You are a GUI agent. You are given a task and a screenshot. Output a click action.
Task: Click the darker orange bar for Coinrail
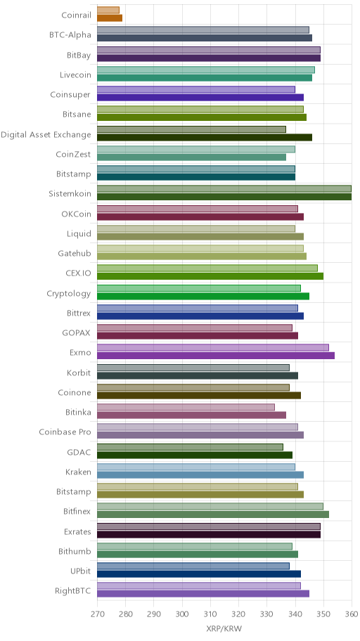pos(110,18)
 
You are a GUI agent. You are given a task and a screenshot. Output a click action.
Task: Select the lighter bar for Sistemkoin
pos(224,189)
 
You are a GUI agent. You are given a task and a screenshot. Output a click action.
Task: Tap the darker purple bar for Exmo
pos(216,356)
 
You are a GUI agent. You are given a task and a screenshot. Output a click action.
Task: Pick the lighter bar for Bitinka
pos(186,407)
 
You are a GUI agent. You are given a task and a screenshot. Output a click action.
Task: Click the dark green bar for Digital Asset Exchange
pos(205,137)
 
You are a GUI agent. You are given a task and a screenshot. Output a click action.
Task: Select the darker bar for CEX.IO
pos(210,276)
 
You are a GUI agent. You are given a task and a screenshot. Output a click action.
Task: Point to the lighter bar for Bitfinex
pos(210,507)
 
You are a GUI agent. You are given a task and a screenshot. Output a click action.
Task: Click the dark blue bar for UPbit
pos(199,574)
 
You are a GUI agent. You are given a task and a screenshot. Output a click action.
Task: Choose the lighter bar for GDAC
pos(191,447)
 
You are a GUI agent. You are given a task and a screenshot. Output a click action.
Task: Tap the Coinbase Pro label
pos(65,432)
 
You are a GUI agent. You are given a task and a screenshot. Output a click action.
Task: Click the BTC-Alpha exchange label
pos(70,34)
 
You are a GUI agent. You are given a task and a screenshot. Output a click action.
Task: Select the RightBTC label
pos(73,590)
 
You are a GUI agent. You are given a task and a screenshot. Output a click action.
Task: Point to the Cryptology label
pos(69,294)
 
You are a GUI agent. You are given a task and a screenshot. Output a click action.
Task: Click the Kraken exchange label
pos(78,472)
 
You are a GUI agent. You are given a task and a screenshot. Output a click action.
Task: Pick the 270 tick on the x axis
pos(97,614)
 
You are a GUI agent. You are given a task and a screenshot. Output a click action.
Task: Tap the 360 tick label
pos(352,614)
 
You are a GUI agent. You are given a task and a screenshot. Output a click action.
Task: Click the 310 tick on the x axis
pos(210,614)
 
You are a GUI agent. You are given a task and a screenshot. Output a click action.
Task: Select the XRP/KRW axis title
pos(224,629)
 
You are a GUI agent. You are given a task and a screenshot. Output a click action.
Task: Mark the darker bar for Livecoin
pos(205,78)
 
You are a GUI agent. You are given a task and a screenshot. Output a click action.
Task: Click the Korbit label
pos(79,373)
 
